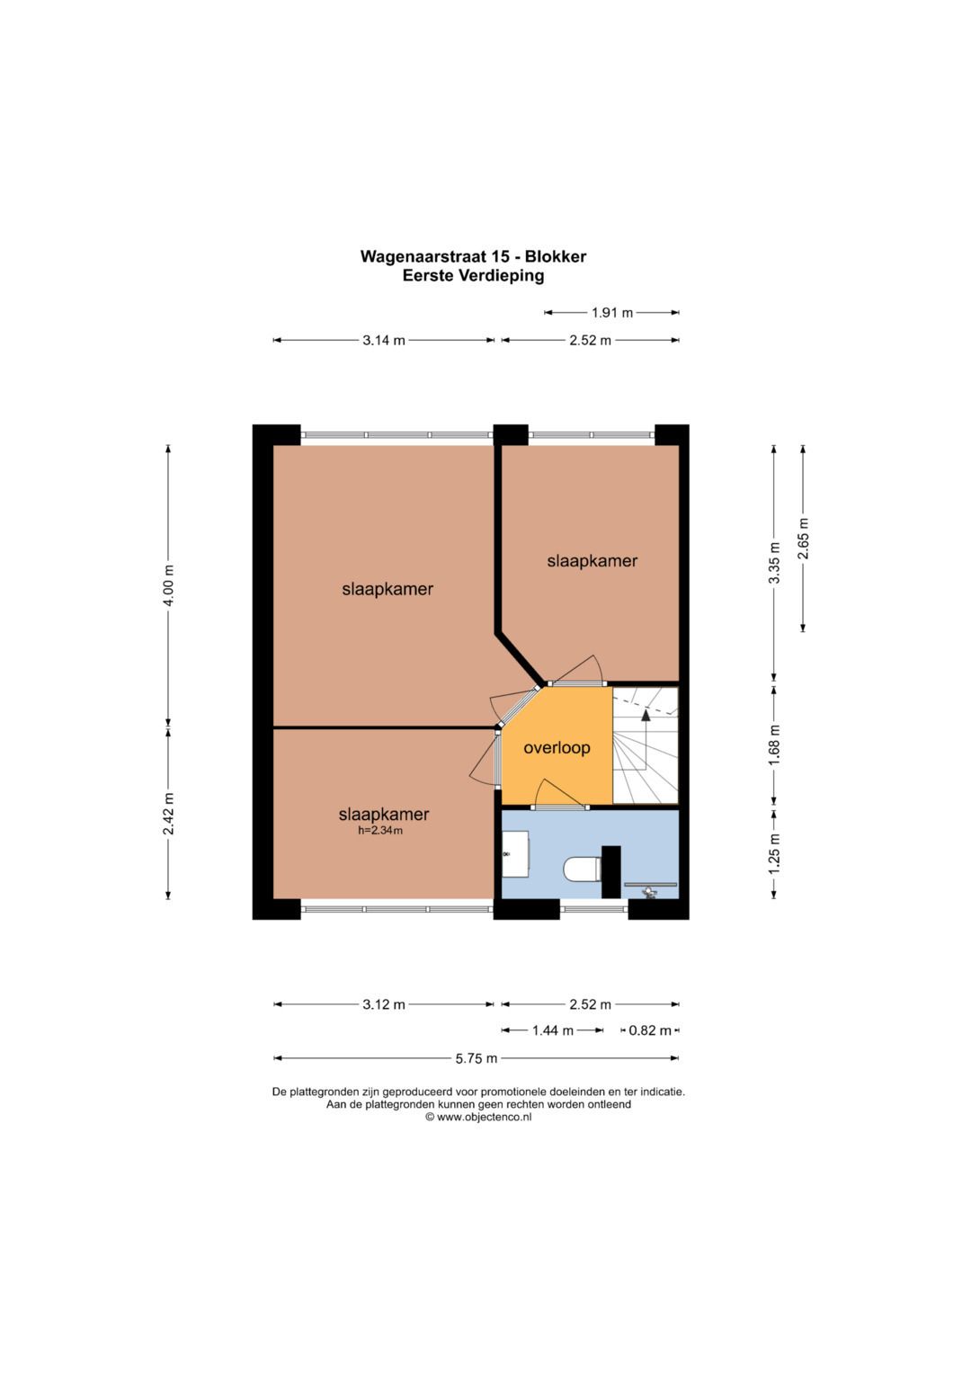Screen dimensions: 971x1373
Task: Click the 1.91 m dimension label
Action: tap(611, 313)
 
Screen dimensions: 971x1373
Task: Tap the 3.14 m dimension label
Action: tap(384, 340)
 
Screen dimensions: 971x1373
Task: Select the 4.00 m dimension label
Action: tap(169, 585)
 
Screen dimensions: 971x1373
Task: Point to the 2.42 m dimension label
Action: tap(169, 814)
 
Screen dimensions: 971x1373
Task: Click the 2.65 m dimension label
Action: tap(803, 539)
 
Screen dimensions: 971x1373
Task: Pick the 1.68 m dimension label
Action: tap(774, 744)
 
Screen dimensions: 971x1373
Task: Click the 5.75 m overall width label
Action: tap(477, 1058)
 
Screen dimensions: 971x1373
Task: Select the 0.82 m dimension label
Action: tap(650, 1031)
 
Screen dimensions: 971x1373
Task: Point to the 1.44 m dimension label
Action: tap(552, 1031)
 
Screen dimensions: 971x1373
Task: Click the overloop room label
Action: tap(557, 748)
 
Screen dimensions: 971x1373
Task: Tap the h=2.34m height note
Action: tap(380, 831)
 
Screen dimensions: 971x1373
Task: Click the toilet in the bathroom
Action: tap(582, 869)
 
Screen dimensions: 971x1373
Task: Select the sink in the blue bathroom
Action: tap(515, 854)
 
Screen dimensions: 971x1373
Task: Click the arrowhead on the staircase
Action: tap(646, 713)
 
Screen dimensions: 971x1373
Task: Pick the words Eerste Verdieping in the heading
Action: tap(473, 276)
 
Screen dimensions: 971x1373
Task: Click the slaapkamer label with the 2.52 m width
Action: tap(592, 561)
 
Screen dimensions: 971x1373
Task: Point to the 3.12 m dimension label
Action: tap(384, 1004)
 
